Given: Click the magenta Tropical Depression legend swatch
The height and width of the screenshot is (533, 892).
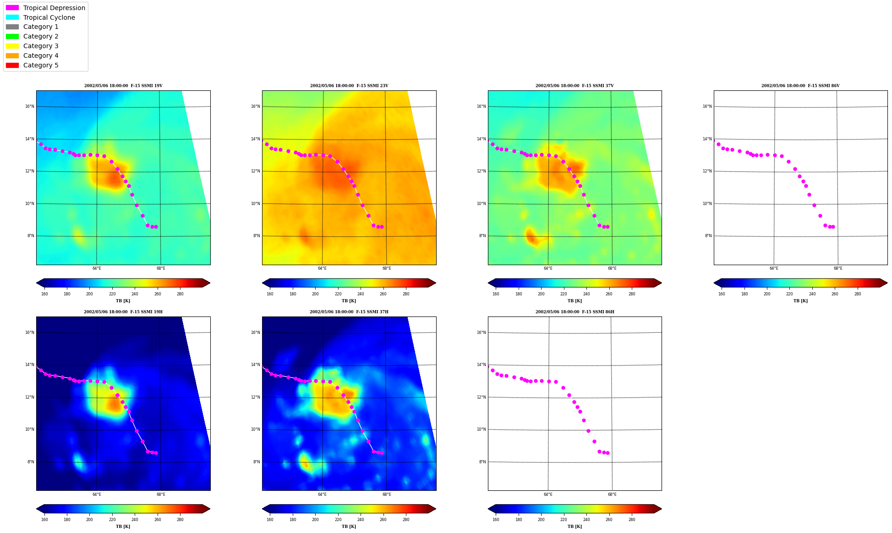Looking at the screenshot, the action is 12,8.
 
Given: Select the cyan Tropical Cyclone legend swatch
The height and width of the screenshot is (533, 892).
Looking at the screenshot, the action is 12,17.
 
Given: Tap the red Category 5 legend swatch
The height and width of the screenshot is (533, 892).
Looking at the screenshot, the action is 12,65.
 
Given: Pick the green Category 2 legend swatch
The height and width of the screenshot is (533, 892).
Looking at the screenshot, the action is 12,36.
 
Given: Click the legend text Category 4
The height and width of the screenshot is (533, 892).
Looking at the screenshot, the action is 41,56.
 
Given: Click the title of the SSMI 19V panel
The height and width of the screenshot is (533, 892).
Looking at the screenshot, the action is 123,86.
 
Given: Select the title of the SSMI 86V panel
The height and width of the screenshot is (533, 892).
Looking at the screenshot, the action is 800,86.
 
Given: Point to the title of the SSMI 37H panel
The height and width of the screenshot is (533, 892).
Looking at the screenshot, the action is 349,312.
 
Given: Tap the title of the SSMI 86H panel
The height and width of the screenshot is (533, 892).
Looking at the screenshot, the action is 575,312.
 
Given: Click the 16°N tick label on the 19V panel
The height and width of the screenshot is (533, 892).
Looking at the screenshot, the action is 29,106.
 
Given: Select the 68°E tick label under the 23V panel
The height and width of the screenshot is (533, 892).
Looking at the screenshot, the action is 387,268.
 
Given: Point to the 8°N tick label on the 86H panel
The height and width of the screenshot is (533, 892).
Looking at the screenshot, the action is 482,462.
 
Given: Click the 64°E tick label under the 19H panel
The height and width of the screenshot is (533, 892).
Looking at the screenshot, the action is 97,494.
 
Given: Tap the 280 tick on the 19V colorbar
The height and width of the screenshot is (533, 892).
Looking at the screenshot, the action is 180,294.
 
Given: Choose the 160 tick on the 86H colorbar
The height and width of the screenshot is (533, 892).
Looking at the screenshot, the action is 496,520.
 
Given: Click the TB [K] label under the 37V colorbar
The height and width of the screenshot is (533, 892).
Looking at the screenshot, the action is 575,301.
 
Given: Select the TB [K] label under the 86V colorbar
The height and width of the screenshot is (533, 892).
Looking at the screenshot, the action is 800,301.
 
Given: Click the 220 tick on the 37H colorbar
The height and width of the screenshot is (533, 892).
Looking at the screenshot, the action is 338,520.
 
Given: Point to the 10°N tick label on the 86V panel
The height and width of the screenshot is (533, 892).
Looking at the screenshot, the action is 707,204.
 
